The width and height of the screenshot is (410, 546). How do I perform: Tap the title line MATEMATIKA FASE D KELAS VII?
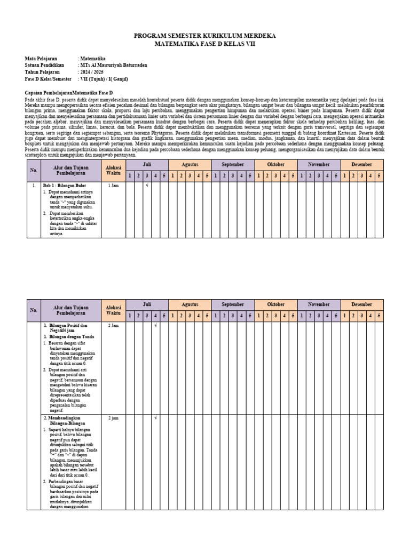[204, 44]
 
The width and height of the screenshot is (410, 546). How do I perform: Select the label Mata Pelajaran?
[41, 59]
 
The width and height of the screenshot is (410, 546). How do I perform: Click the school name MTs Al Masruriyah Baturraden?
[113, 65]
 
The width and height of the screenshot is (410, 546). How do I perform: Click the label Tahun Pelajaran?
[42, 72]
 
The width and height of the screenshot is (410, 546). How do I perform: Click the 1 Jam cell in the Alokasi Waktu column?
[113, 186]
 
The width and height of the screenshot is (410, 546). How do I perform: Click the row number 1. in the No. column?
[34, 186]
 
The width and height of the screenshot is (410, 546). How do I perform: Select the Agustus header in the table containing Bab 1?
[190, 165]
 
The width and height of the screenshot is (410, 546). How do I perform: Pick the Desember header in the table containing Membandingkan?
[361, 304]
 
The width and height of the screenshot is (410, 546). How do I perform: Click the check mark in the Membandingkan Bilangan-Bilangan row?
[155, 418]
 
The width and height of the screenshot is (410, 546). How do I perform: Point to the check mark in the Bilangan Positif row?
[155, 325]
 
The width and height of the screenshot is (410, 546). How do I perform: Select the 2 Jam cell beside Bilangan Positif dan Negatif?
[113, 325]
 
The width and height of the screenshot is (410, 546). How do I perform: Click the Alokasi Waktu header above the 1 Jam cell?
[113, 170]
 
